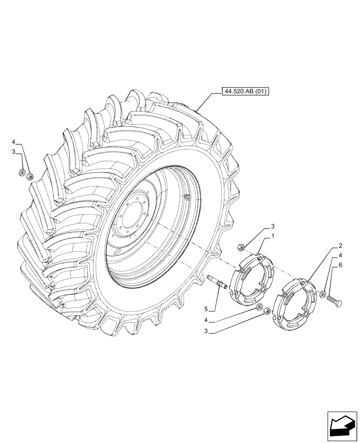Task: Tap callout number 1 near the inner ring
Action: (274, 236)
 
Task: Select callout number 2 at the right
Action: (340, 246)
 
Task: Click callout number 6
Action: (340, 265)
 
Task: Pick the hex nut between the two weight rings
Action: (267, 312)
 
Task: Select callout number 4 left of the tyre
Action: (14, 143)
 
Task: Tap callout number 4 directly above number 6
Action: (340, 256)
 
